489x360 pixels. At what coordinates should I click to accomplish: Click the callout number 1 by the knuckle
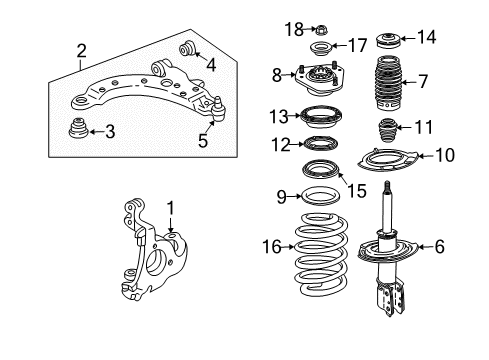click(171, 208)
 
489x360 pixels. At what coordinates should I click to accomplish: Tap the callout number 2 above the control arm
click(81, 49)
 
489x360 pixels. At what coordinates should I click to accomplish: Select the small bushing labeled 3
click(76, 132)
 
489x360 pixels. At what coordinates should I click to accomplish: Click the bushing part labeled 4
click(185, 48)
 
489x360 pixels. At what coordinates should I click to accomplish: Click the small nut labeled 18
click(321, 27)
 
